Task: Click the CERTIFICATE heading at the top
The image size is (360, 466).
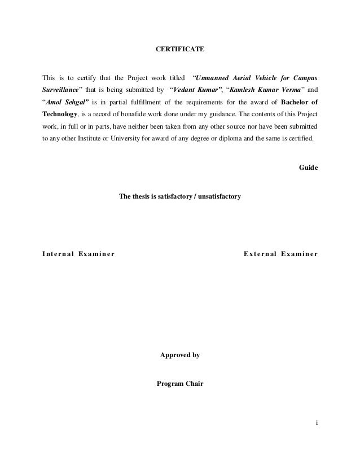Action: (x=180, y=51)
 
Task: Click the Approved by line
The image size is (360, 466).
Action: (x=180, y=356)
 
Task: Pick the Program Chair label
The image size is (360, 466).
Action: (x=180, y=384)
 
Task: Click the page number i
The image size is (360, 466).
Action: (x=316, y=423)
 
